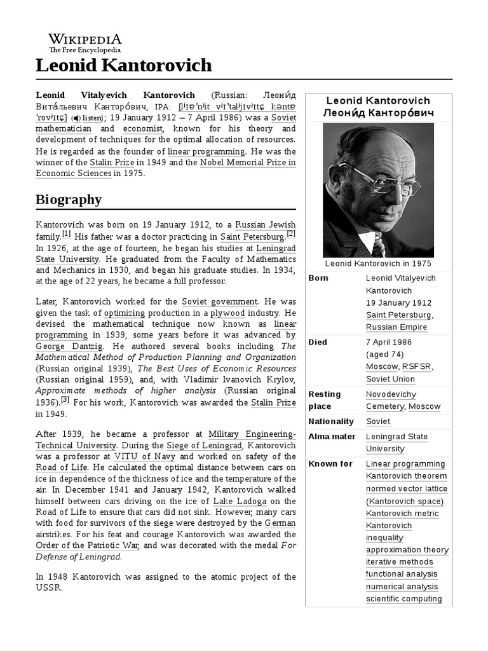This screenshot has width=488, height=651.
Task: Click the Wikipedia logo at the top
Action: (x=85, y=43)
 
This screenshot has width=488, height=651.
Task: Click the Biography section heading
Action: (x=69, y=200)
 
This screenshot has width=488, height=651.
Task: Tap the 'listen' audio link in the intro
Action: (x=87, y=118)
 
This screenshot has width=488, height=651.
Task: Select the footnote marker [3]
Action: (x=65, y=400)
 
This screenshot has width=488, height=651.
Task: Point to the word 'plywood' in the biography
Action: (x=227, y=313)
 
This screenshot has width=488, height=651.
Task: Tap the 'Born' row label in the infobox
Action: (x=318, y=278)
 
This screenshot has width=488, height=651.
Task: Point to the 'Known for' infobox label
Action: (x=330, y=464)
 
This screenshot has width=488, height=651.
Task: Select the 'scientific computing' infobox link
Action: (x=403, y=599)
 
